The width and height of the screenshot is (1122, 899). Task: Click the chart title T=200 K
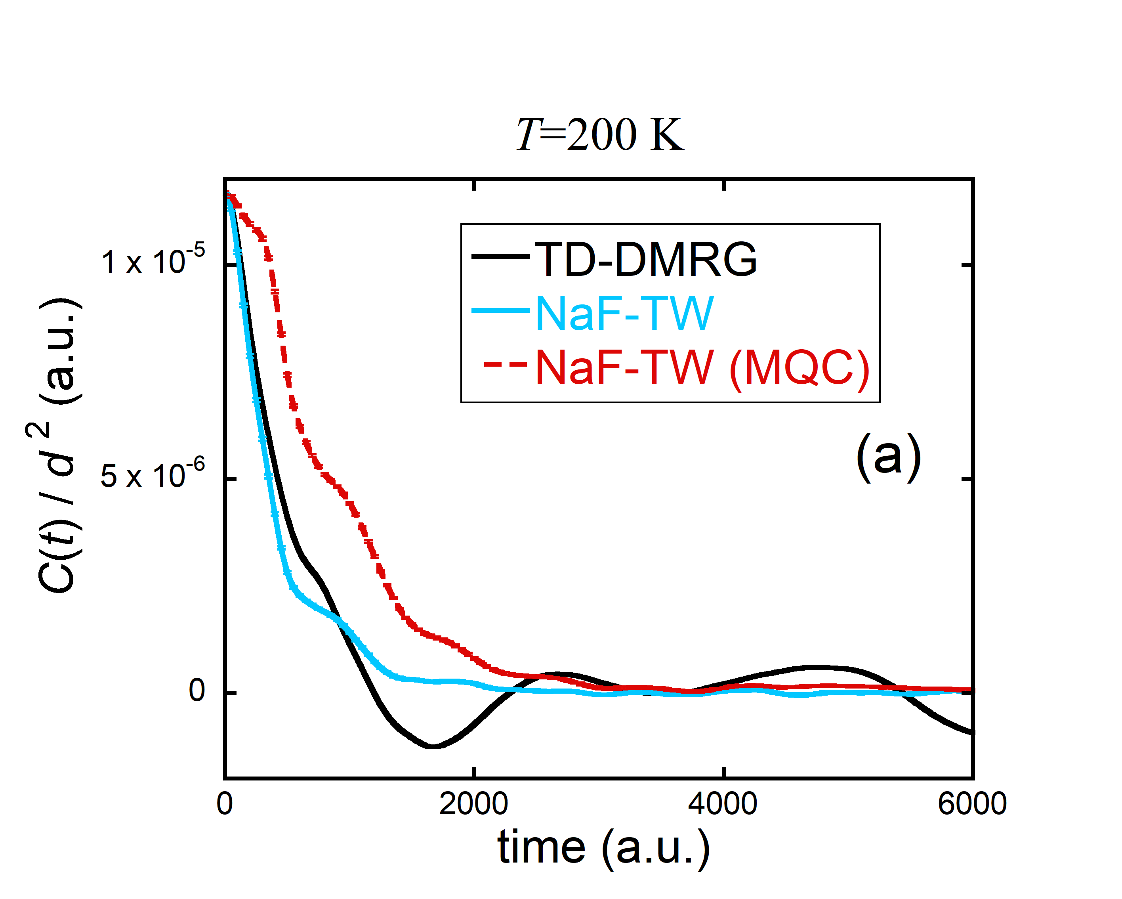599,135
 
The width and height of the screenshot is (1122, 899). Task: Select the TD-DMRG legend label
646,259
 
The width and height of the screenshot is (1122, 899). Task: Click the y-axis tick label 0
197,691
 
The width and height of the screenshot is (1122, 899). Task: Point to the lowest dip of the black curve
433,746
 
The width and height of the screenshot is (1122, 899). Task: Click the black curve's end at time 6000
971,732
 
